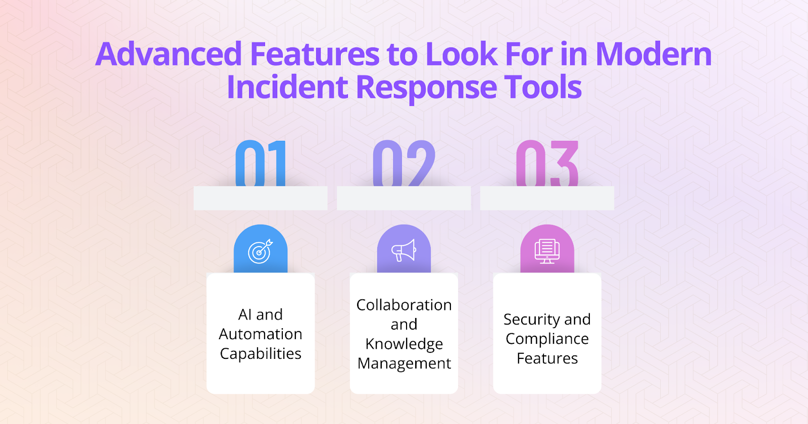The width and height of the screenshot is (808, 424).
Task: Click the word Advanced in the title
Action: coord(169,54)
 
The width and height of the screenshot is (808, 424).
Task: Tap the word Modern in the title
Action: coord(653,54)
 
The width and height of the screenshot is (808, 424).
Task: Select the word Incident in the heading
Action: coord(287,87)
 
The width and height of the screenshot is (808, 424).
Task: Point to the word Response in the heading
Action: coord(427,87)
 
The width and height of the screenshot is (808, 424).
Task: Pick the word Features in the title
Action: coord(315,54)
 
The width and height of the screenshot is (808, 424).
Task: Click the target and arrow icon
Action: coord(260,251)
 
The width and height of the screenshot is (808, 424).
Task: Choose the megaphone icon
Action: coord(403,250)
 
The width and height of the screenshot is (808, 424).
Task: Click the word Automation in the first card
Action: coord(261,334)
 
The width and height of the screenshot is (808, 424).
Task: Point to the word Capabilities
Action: coord(261,354)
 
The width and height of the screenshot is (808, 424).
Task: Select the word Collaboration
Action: coord(404,305)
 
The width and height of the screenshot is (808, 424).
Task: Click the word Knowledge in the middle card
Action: coord(404,344)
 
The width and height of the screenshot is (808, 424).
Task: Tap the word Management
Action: coord(404,363)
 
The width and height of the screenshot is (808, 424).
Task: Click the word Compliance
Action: coord(547,339)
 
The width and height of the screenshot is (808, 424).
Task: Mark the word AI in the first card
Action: coord(245,314)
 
